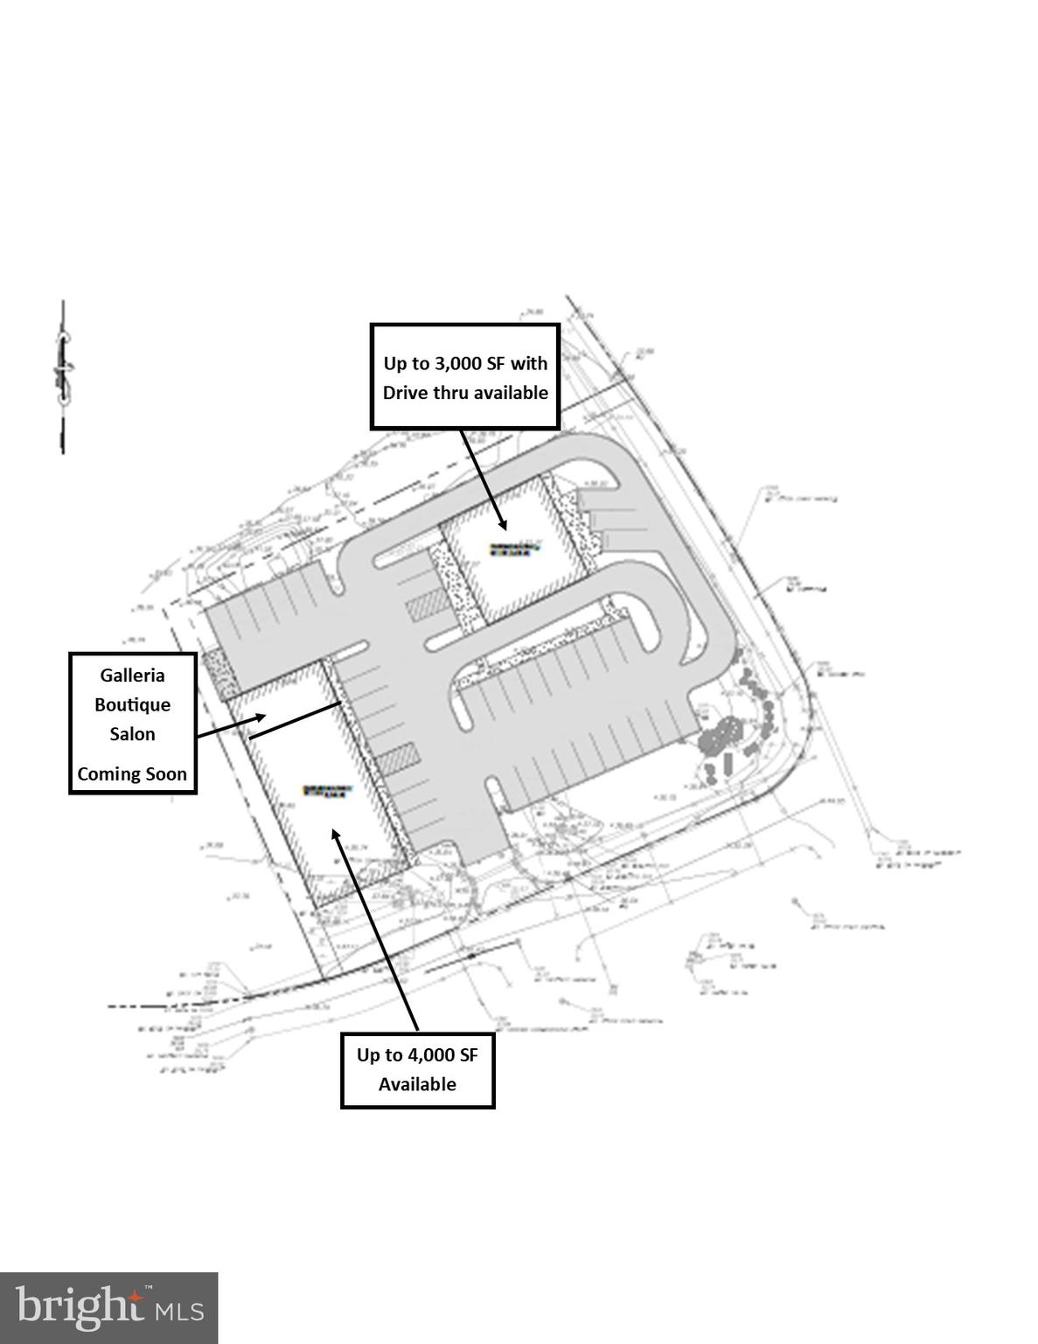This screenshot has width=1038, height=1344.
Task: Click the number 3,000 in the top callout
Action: coord(456,363)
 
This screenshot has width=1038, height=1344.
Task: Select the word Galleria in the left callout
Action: coord(132,675)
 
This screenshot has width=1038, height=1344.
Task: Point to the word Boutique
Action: coord(132,704)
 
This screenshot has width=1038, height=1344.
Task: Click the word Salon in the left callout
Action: coord(132,734)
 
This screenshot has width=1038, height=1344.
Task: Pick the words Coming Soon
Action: coord(132,773)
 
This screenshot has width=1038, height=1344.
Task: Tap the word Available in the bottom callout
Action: coord(417,1084)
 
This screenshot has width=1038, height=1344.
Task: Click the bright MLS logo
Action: coord(108,1308)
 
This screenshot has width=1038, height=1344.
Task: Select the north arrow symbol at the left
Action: coord(63,376)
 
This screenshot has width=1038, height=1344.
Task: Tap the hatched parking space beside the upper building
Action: coord(427,605)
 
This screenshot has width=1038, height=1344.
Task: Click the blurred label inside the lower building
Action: coord(328,789)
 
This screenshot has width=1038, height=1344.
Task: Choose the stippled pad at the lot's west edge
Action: coord(215,675)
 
